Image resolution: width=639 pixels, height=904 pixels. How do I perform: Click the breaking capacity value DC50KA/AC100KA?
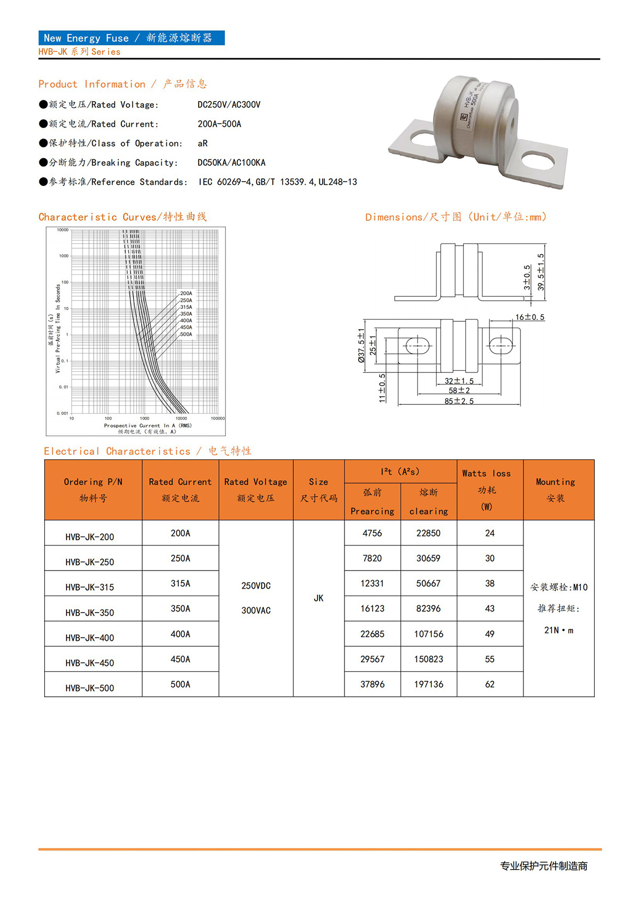click(x=231, y=162)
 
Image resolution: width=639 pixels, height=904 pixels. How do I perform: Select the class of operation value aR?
click(x=202, y=143)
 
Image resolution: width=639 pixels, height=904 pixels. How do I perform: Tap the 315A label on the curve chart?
click(x=186, y=307)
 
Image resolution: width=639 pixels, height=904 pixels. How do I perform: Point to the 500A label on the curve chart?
click(x=186, y=335)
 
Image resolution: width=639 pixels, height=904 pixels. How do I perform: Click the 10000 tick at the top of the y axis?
click(x=63, y=230)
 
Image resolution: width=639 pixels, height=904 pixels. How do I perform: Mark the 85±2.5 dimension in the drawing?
click(x=459, y=401)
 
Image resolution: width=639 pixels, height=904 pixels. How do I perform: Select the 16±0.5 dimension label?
click(x=529, y=317)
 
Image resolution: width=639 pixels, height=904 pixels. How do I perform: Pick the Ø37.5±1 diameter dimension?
click(x=362, y=345)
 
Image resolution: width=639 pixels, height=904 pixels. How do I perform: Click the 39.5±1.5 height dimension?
click(x=541, y=272)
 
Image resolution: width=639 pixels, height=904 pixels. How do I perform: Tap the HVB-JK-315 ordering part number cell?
click(x=89, y=587)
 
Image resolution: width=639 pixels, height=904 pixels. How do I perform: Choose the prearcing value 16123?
click(x=372, y=608)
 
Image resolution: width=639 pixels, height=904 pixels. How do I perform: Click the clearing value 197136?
click(x=429, y=684)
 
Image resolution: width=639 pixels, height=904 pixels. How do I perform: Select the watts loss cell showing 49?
click(x=490, y=634)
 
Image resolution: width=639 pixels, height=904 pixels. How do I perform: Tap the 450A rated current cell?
click(x=180, y=659)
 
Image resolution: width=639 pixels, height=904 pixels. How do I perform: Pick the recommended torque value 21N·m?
click(x=559, y=630)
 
